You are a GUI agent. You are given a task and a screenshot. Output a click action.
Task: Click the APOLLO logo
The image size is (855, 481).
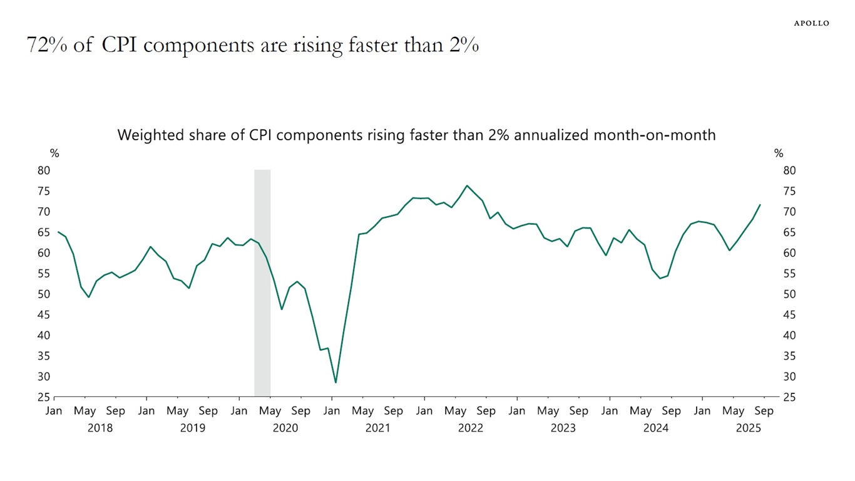[811, 23]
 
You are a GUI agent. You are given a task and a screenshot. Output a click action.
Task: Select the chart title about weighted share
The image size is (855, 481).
[416, 135]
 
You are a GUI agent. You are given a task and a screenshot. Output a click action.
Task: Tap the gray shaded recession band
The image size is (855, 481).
[262, 282]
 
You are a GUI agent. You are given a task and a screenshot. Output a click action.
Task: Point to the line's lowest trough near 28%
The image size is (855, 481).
[335, 382]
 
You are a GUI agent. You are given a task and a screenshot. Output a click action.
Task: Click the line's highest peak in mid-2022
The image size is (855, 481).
[467, 185]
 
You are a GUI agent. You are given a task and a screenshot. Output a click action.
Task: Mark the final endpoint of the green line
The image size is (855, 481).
[760, 205]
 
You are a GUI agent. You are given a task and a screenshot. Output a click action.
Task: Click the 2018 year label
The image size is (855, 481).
[100, 428]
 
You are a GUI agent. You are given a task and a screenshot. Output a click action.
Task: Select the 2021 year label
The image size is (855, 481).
[378, 428]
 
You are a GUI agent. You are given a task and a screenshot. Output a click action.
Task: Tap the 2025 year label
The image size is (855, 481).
[749, 428]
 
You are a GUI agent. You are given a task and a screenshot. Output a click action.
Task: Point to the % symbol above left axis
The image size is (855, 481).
[54, 153]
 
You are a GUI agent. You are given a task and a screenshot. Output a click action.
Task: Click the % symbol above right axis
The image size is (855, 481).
[779, 153]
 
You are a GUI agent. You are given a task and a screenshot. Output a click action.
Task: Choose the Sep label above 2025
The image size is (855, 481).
[764, 411]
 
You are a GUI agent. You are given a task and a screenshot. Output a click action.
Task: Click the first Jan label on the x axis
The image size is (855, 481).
[54, 411]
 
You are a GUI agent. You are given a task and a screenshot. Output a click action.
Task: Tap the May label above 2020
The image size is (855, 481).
[270, 411]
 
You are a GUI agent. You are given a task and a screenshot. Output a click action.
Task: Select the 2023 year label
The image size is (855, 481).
[563, 428]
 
